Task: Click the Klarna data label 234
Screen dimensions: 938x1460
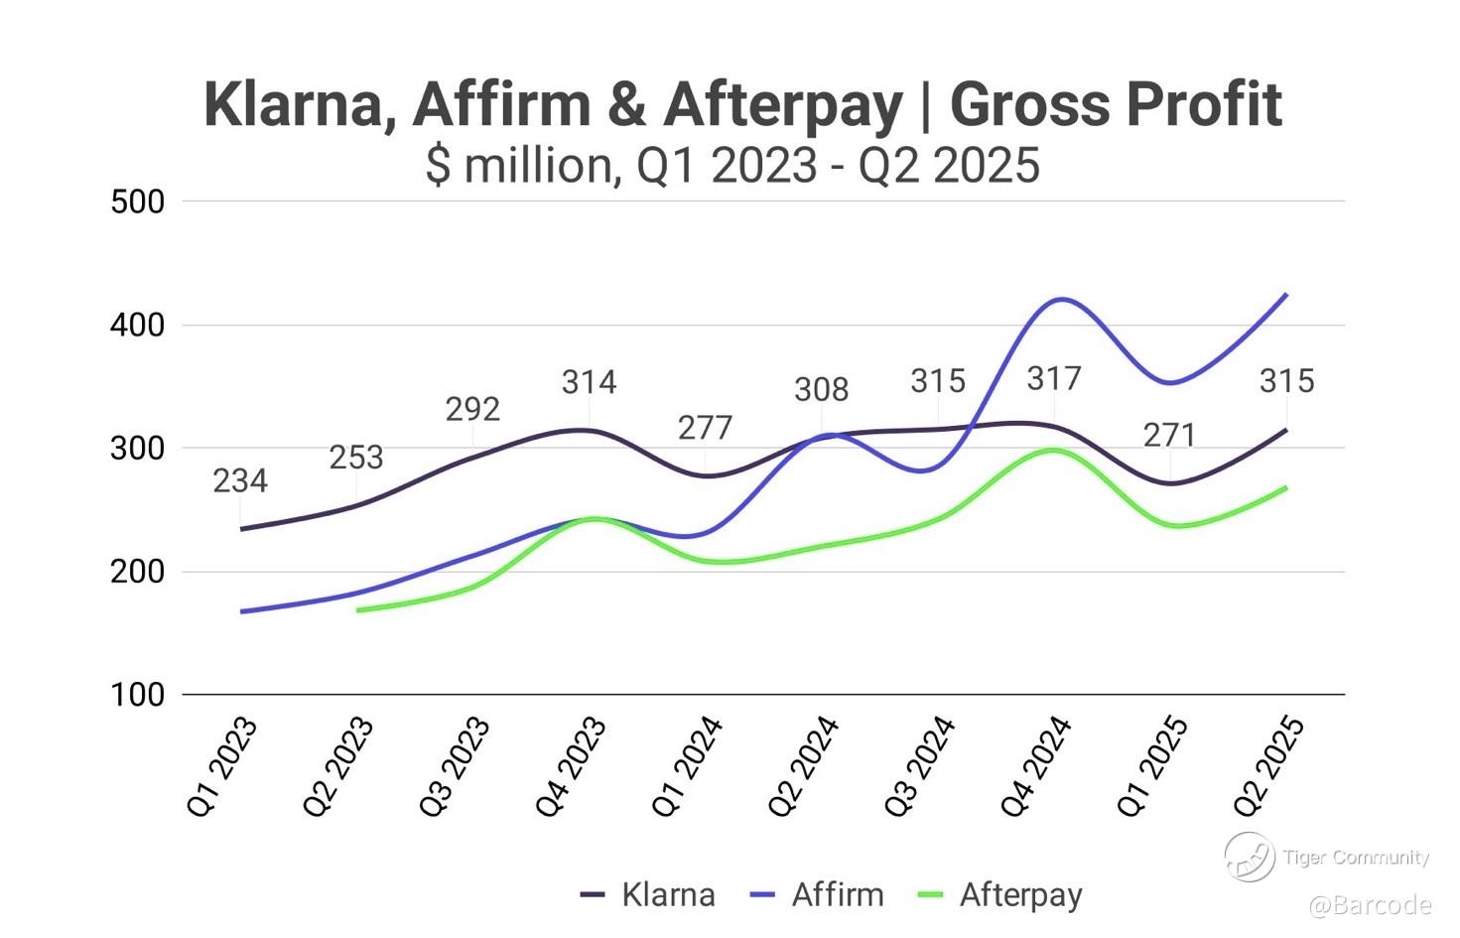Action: click(x=240, y=481)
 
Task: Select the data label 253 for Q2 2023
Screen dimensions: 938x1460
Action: click(x=356, y=458)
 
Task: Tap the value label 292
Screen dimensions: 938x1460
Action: click(x=472, y=409)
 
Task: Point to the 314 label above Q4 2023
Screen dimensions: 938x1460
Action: click(x=589, y=382)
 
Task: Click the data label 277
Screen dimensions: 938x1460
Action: click(x=705, y=428)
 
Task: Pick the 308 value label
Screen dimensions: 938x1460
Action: click(x=821, y=390)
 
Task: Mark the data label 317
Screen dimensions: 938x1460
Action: click(x=1053, y=378)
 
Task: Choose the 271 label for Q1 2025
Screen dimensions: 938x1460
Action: click(x=1169, y=435)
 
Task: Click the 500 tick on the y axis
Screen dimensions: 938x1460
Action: click(x=138, y=201)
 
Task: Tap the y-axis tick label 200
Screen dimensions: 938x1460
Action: click(x=138, y=572)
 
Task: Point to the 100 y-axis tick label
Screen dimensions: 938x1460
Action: click(x=138, y=695)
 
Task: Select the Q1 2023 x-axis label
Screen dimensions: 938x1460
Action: click(x=222, y=766)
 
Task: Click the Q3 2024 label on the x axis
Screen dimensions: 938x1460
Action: click(x=920, y=766)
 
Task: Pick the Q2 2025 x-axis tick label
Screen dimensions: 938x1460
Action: click(x=1268, y=766)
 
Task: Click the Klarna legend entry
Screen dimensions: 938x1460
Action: click(x=648, y=894)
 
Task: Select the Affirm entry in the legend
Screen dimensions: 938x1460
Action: click(x=818, y=894)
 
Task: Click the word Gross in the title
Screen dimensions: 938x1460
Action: click(x=1033, y=104)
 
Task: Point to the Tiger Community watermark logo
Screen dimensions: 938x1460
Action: click(x=1249, y=856)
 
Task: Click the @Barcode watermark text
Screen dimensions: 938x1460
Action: click(x=1370, y=905)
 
